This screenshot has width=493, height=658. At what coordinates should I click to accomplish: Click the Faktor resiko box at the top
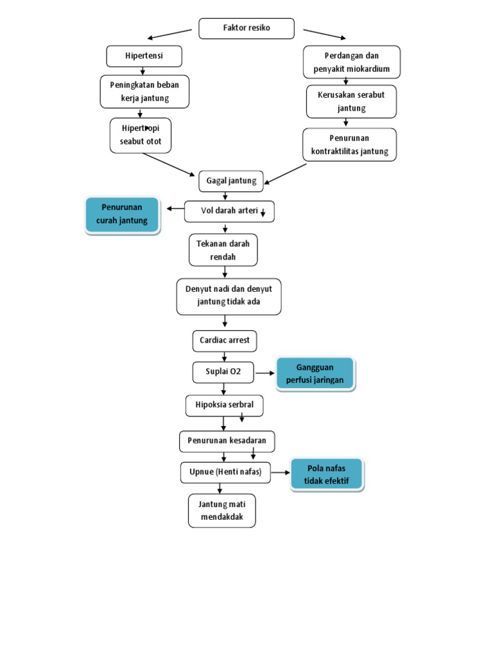point(246,28)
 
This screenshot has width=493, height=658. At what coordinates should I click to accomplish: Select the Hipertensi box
point(144,56)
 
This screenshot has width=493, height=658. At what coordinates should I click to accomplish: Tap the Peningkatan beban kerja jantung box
point(144,91)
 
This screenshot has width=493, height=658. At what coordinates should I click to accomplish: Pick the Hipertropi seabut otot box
point(141,135)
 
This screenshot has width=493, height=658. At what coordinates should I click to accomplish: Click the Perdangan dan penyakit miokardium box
point(351,62)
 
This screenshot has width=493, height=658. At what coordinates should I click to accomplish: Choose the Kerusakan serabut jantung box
point(351,102)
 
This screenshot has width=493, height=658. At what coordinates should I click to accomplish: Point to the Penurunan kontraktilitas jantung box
point(350,145)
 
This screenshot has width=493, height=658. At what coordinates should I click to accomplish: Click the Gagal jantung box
point(230,181)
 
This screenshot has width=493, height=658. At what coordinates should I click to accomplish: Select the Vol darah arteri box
point(229,211)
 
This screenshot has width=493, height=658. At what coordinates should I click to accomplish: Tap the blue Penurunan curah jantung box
point(122,214)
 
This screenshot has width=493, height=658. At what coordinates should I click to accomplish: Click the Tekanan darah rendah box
point(223,250)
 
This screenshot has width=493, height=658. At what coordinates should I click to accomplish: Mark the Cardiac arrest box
point(224,341)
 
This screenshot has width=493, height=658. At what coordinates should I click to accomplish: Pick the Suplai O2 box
point(223,371)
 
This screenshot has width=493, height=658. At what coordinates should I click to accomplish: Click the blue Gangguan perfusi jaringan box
point(315,373)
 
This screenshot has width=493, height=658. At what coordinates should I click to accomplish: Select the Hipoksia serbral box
point(224,405)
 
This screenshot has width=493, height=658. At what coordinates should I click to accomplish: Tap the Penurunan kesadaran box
point(227,441)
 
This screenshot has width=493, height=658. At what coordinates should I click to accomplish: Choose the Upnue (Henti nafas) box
point(225,472)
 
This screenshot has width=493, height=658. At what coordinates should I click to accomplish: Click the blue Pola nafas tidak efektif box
point(327,475)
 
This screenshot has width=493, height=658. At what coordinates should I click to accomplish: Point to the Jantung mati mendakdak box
point(222,511)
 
